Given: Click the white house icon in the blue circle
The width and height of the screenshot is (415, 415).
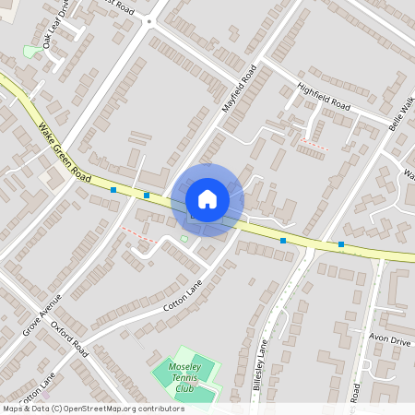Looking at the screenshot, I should click(x=207, y=199).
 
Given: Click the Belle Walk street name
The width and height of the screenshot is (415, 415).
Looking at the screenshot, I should click(x=402, y=113).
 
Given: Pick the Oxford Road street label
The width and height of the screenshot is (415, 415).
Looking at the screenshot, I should click(x=70, y=339).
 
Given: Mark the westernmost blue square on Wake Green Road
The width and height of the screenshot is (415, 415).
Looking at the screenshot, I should click(x=113, y=190).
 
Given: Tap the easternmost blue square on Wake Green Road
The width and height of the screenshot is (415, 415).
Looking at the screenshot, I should click(x=341, y=244).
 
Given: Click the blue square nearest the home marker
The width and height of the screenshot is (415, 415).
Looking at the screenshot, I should click(x=147, y=196).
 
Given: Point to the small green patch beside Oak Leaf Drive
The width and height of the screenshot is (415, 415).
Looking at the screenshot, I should click(x=30, y=52).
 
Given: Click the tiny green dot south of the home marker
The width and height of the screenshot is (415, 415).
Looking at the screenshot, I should click(x=184, y=240).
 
